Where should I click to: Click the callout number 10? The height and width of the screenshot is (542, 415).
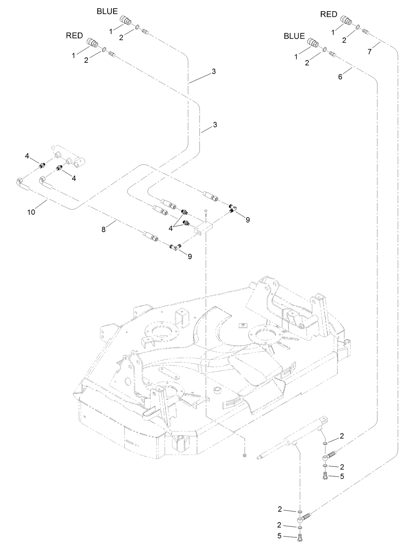[x=31, y=212]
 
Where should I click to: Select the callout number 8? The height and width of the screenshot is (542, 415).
[x=104, y=229]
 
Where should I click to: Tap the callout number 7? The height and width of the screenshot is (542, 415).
[x=370, y=52]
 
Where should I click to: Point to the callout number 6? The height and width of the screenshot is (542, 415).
[x=340, y=77]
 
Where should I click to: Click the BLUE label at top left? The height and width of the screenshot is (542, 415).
[x=107, y=12]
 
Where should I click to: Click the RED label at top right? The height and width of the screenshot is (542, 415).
[x=329, y=14]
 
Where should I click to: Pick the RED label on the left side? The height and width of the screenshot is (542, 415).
[x=74, y=36]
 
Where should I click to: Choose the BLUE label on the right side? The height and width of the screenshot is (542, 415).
[x=294, y=36]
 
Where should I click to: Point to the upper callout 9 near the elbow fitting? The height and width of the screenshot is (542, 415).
[x=248, y=220]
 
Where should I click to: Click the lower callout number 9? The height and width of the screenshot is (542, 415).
[x=190, y=256]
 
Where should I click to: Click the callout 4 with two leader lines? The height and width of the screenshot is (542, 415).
[x=171, y=228]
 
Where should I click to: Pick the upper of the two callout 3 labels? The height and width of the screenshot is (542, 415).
[x=214, y=71]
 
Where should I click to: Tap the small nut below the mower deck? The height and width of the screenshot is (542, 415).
[x=244, y=456]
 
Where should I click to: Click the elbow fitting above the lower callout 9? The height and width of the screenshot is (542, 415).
[x=174, y=246]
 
